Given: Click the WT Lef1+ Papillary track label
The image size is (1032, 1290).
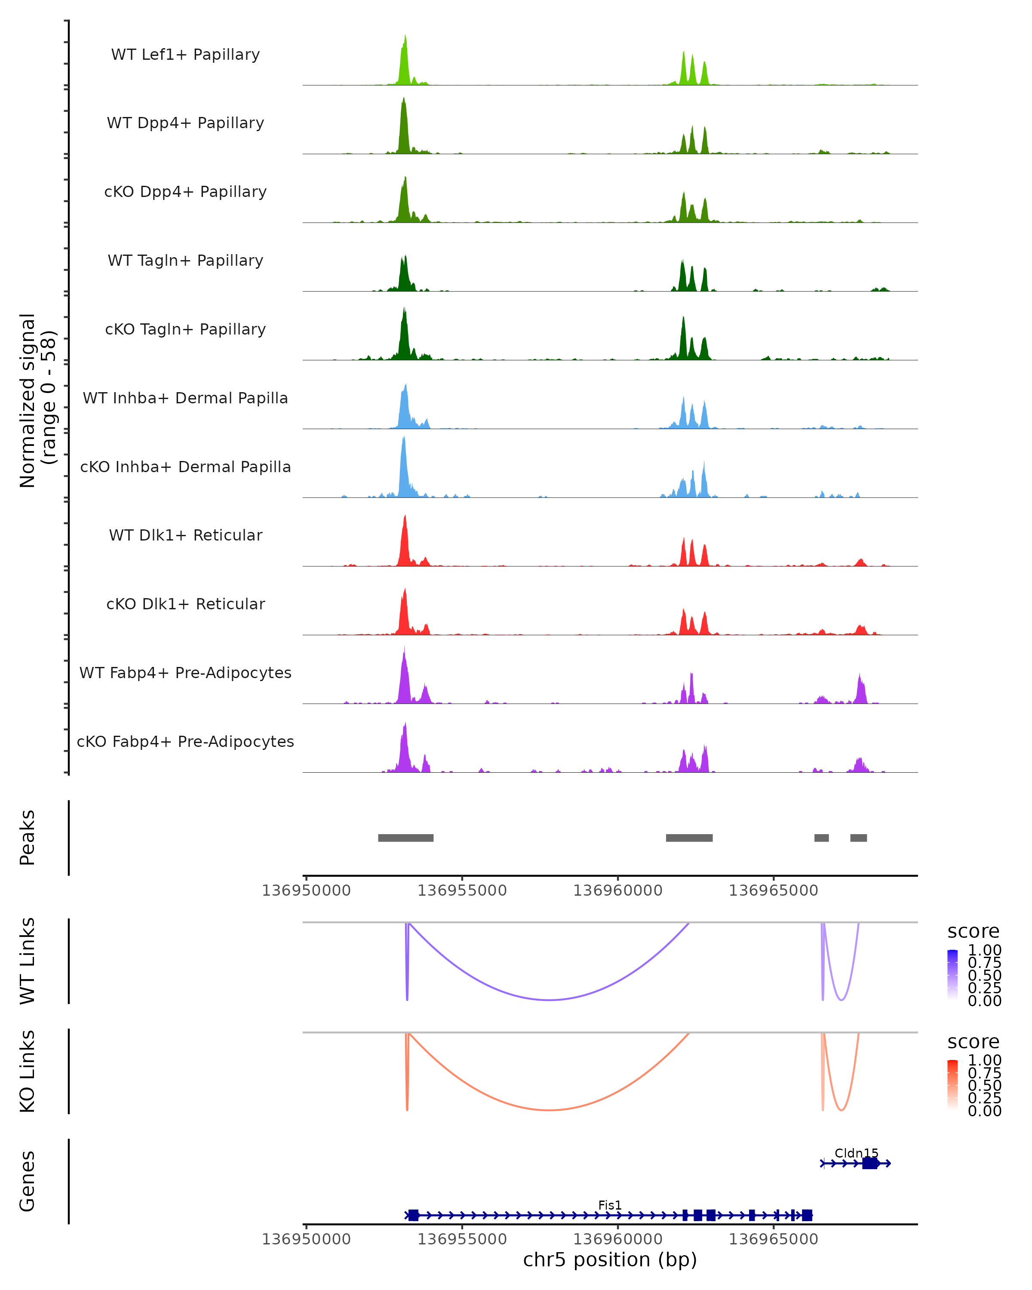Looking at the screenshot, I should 185,55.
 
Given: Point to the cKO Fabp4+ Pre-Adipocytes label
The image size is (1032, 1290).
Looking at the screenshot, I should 185,741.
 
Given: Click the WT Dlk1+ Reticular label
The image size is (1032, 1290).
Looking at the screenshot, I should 185,535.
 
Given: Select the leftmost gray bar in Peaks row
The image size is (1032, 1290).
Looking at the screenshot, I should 405,838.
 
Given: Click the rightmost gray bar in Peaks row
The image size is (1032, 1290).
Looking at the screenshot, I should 859,838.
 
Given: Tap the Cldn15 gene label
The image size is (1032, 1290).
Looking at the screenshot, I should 856,1153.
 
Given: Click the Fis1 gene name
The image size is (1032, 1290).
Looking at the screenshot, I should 610,1205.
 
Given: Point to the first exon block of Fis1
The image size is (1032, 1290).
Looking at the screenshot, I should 413,1215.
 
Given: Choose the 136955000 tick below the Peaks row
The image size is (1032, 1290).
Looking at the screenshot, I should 462,891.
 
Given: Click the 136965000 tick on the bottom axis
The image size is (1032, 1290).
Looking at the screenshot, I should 773,1239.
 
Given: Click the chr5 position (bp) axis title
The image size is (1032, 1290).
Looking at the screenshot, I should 610,1259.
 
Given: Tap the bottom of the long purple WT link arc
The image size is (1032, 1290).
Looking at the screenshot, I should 549,1000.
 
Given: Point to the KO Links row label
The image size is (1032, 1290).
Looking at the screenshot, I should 28,1071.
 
